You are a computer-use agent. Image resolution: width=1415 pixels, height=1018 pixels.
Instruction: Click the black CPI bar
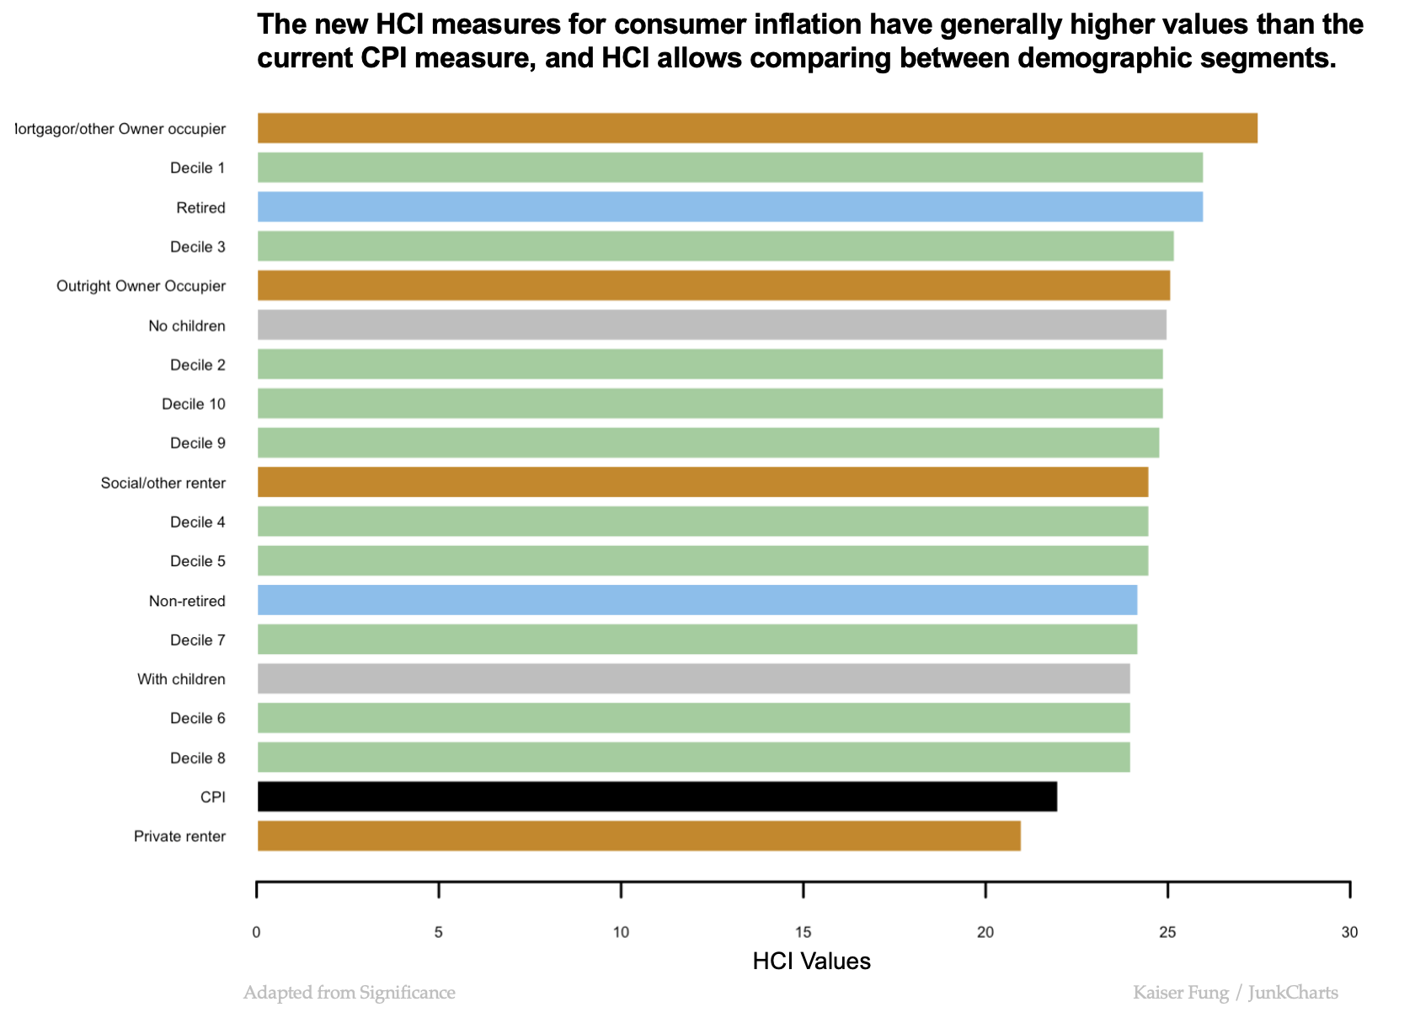tap(657, 796)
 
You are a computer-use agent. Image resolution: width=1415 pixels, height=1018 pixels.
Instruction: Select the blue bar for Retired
tap(729, 206)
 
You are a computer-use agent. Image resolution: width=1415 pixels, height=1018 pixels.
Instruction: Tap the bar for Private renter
tap(638, 836)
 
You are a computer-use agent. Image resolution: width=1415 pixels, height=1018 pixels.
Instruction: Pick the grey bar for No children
tap(712, 324)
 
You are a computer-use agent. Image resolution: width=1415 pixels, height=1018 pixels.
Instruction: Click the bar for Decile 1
tap(729, 168)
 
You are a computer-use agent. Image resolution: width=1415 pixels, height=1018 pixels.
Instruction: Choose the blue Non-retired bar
tap(697, 600)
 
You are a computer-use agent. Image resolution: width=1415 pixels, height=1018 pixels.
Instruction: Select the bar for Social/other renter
tap(702, 482)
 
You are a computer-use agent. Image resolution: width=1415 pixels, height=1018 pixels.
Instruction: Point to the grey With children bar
tap(693, 678)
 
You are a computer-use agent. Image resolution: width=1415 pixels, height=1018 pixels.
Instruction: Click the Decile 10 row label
tap(194, 404)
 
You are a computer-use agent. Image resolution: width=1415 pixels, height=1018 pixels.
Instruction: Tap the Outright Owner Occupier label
tap(141, 286)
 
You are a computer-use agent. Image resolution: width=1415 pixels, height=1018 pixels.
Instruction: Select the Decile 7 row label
tap(198, 640)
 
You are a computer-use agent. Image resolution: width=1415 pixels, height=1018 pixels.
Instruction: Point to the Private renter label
tap(179, 836)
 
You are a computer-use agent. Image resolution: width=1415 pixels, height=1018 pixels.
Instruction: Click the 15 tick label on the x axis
tap(804, 932)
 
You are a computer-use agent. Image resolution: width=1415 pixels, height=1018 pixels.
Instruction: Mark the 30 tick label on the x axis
tap(1349, 932)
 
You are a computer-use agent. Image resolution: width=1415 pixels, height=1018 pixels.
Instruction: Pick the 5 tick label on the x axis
tap(439, 932)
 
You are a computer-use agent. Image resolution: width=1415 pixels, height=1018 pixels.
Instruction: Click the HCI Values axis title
tap(811, 961)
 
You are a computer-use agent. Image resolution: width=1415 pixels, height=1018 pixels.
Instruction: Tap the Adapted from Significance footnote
tap(350, 993)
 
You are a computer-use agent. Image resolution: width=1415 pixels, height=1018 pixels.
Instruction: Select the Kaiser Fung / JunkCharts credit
tap(1236, 993)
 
